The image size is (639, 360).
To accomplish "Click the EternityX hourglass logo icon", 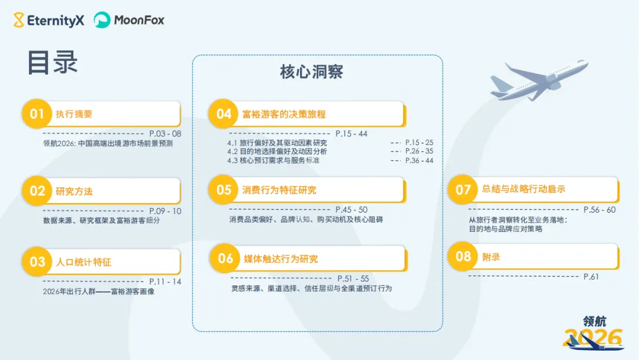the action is (20, 20).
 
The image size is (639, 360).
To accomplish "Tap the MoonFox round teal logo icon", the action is (102, 20).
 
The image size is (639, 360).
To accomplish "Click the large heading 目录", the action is (53, 63).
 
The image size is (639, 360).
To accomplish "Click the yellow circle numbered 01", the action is (37, 114).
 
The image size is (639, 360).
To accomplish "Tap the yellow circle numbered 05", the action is (224, 190).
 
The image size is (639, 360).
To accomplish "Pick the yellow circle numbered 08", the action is (463, 256).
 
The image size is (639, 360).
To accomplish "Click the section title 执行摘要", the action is (74, 114).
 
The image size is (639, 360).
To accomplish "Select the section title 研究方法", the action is (74, 191).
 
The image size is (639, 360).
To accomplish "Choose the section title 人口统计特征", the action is (83, 262).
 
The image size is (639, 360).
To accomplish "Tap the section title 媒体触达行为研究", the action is (280, 259).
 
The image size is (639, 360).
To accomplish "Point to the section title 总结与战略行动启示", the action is (524, 189).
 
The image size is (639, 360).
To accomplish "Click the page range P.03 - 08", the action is (165, 134).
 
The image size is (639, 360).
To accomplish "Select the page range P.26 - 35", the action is (419, 152).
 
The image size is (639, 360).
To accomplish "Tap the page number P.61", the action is (591, 277).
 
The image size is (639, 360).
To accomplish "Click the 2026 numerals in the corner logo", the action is (593, 338).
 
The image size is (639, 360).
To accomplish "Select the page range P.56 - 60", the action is (599, 210).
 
